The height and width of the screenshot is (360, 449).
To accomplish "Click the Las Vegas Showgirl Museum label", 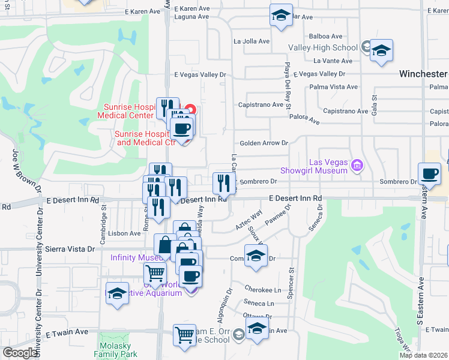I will click(328, 166).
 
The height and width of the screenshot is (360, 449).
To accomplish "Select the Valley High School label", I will click(323, 47).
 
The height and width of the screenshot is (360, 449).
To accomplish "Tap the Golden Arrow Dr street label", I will click(264, 143).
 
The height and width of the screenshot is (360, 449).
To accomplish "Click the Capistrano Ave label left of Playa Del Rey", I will click(261, 104).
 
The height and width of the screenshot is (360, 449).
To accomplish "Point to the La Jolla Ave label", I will click(252, 41).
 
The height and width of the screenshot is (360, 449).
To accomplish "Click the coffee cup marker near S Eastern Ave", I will click(429, 174).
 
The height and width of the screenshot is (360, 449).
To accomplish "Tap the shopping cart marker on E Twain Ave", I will click(184, 335).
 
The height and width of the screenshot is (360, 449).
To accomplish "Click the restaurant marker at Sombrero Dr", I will click(222, 183).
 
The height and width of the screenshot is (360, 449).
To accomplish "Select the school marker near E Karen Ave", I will click(280, 16).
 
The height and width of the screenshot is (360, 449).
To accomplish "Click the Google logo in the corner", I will click(20, 353).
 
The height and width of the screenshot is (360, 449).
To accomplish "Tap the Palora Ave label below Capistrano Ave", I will click(306, 121).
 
